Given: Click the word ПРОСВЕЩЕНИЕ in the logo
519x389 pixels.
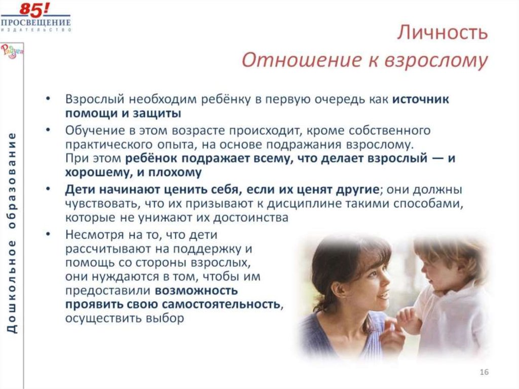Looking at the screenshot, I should click(x=35, y=23).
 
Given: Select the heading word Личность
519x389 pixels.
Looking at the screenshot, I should click(x=442, y=33).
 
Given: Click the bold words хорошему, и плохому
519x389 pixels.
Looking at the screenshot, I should click(x=133, y=172).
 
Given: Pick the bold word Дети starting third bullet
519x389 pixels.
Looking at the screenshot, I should click(x=79, y=190).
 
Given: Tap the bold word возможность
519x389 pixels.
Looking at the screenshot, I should click(x=196, y=291).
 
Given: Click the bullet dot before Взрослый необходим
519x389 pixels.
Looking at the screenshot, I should click(x=47, y=99).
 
